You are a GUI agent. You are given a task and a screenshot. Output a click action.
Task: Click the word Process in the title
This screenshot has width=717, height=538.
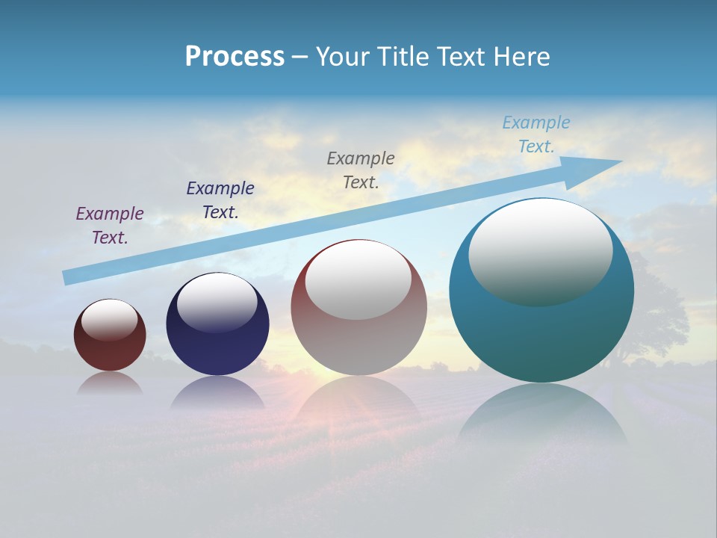[235, 57]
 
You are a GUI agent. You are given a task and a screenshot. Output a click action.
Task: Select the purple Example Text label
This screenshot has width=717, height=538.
[110, 225]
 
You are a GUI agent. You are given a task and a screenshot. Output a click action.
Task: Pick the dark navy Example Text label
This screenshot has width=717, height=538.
[220, 200]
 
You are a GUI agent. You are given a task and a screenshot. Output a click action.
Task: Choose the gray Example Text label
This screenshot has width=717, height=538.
[361, 170]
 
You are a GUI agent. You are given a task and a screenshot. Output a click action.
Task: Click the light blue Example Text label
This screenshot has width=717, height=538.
[536, 134]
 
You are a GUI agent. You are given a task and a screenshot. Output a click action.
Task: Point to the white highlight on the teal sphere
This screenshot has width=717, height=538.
[540, 253]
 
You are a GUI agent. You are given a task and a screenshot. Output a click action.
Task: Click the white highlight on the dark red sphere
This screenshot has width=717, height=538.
[110, 320]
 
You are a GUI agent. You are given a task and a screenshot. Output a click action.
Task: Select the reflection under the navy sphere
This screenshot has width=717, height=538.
[217, 392]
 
